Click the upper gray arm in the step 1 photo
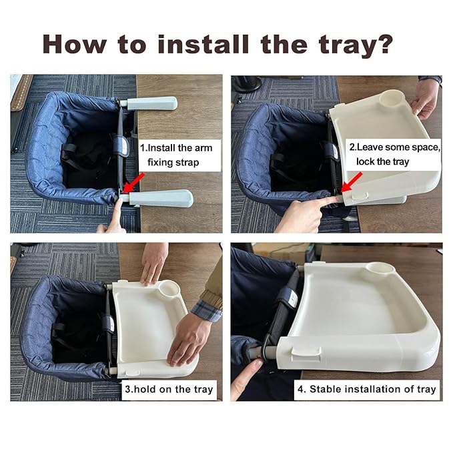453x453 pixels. (151, 103)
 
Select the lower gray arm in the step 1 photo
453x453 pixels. (160, 198)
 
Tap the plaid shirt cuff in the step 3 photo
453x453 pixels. (207, 310)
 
